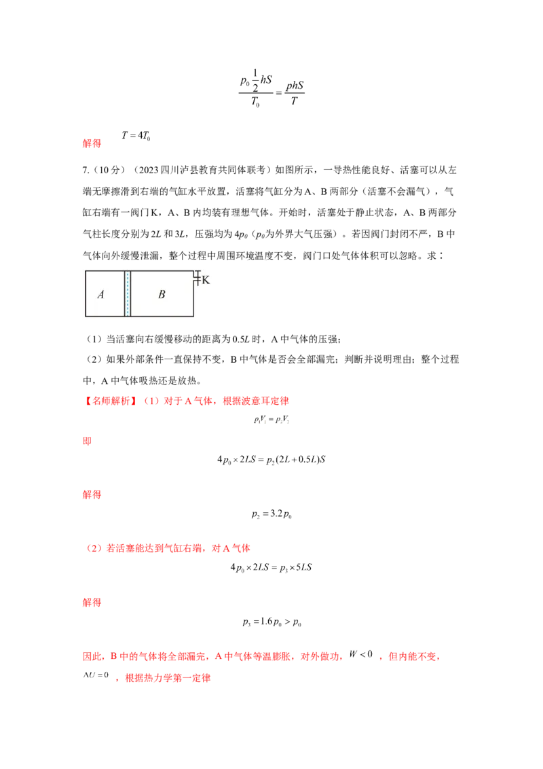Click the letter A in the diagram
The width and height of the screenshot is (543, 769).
pos(100,294)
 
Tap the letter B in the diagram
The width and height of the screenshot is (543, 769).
pos(162,294)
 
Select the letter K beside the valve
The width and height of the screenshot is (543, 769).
pos(206,279)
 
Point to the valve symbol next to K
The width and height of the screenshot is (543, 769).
pos(197,279)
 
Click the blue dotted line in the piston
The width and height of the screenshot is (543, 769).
pos(127,294)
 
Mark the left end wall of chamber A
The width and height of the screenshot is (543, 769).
pos(84,294)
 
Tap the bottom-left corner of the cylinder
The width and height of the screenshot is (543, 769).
pos(84,317)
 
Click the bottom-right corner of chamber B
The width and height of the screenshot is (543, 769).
pos(195,317)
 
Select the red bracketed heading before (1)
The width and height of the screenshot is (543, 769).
pos(109,401)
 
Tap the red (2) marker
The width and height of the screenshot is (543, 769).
pos(94,549)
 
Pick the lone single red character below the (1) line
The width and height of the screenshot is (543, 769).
pos(86,442)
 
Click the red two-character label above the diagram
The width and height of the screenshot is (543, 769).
pos(92,144)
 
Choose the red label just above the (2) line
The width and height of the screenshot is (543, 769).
pos(92,495)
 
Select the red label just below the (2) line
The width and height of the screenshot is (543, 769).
pos(92,603)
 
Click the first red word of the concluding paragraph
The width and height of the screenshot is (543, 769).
pos(90,658)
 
